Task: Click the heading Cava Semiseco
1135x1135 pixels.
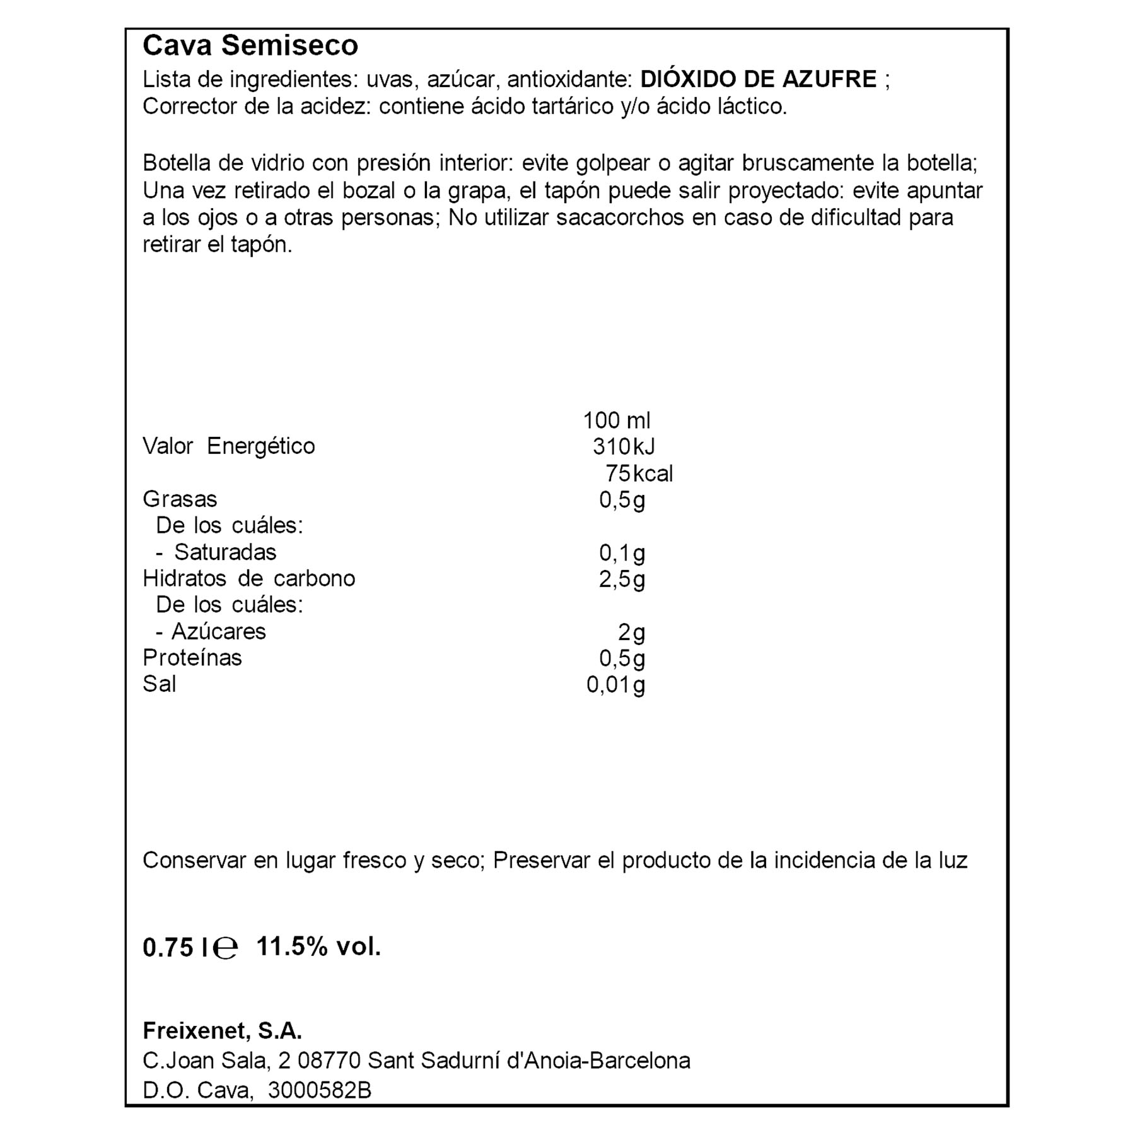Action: point(250,46)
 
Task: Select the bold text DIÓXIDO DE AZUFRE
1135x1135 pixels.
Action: point(758,79)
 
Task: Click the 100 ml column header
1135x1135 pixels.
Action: point(616,421)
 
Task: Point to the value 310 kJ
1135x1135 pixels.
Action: point(623,447)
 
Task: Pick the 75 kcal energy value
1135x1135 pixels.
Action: point(638,474)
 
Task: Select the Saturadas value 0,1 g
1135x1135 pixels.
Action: point(622,553)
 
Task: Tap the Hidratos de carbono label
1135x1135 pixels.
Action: point(248,579)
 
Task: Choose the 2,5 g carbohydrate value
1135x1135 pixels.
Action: point(622,579)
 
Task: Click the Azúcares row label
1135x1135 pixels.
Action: point(218,632)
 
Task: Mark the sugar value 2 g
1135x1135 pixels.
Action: point(631,632)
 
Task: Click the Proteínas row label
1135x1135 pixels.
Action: point(192,658)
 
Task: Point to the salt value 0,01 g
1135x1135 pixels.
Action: point(615,685)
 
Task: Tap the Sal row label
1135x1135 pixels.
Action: point(159,685)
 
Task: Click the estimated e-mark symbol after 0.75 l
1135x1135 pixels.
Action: point(226,948)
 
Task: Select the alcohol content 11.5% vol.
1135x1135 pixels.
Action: point(318,946)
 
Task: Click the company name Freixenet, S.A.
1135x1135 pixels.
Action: point(222,1031)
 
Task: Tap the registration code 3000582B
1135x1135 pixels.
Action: point(320,1090)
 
